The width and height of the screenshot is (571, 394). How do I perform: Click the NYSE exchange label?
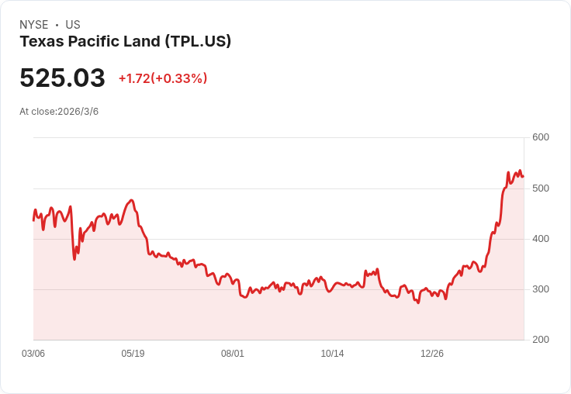click(x=34, y=25)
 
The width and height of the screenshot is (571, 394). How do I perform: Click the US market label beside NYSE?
click(x=73, y=25)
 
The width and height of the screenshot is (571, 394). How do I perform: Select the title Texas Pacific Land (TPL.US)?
click(x=125, y=42)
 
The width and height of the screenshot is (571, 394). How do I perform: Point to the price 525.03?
click(x=62, y=78)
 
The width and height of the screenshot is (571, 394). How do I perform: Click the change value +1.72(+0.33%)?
click(x=163, y=78)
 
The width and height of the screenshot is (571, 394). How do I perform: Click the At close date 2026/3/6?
click(x=78, y=112)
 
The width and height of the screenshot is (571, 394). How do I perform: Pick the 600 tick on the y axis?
click(x=541, y=137)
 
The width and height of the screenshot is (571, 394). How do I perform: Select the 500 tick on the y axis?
click(x=541, y=188)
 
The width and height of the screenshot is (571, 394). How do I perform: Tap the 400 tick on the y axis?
click(x=541, y=239)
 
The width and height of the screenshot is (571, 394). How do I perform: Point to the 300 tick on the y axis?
click(x=541, y=289)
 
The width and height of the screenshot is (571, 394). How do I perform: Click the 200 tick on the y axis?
click(x=541, y=340)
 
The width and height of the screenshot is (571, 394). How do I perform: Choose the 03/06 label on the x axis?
click(x=33, y=354)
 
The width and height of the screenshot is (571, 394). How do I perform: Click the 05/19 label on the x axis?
click(x=133, y=354)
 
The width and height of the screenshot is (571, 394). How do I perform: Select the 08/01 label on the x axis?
click(x=233, y=354)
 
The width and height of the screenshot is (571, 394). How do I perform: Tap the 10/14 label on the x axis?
click(x=332, y=354)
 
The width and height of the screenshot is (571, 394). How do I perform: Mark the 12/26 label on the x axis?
click(x=432, y=354)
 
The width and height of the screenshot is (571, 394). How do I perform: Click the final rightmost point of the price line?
click(x=523, y=176)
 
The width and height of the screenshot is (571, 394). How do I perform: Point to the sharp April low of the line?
click(x=74, y=259)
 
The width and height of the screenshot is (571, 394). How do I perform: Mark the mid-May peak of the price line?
click(x=132, y=200)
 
